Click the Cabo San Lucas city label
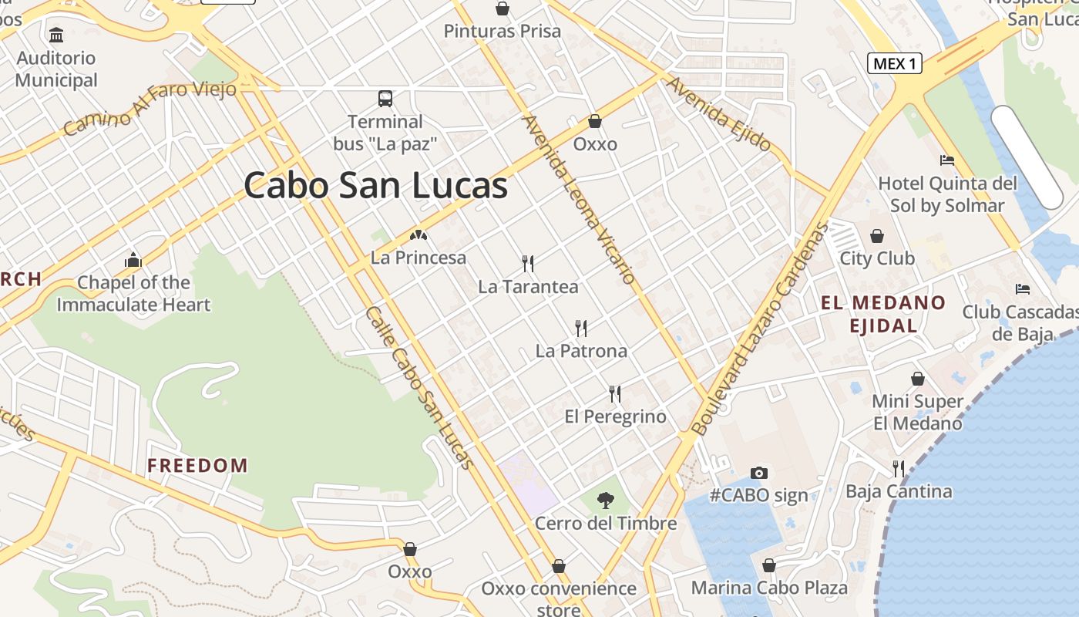[376, 186]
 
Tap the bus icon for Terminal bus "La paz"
[385, 99]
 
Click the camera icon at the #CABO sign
[759, 473]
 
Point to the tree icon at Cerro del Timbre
[606, 501]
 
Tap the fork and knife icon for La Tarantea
[528, 264]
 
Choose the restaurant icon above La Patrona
[581, 329]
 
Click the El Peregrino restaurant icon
[615, 394]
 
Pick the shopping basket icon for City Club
[877, 236]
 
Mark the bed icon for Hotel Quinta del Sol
[947, 160]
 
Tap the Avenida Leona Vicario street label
[578, 199]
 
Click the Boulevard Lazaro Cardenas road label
[759, 328]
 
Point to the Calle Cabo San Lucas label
[419, 387]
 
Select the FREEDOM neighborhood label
[198, 466]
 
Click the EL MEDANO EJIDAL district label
[883, 314]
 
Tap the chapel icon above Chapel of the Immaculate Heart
[133, 260]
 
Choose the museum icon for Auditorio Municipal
[56, 35]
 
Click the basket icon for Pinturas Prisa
[503, 8]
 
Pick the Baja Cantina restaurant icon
[899, 468]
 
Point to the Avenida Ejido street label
[719, 113]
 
